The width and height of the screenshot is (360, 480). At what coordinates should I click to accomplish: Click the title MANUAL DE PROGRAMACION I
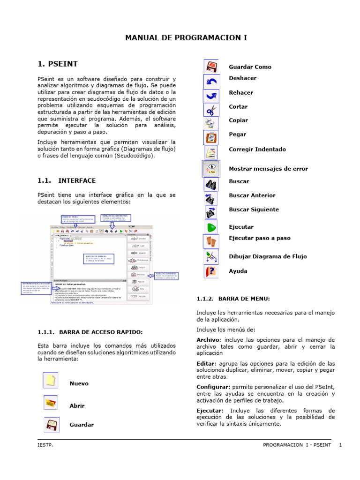coord(186,37)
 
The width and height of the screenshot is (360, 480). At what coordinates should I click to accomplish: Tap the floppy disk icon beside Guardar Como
coord(211,65)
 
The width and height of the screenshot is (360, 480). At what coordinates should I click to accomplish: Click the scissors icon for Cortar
coord(211,110)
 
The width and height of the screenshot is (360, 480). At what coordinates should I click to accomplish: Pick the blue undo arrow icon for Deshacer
coord(211,82)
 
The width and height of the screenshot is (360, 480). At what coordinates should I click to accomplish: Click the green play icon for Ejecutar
coord(211,227)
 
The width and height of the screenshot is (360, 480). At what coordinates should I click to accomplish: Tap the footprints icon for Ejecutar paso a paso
coord(211,241)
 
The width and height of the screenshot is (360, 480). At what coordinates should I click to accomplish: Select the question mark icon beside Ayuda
coord(211,271)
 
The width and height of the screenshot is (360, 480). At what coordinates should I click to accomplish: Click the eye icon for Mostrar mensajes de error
coord(211,168)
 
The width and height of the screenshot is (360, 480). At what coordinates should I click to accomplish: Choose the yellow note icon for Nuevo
coord(51,380)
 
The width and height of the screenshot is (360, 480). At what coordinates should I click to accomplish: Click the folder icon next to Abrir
coord(51,403)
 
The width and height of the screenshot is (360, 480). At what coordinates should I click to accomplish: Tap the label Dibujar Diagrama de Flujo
coord(268,256)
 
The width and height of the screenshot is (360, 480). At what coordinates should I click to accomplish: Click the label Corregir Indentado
coord(257,150)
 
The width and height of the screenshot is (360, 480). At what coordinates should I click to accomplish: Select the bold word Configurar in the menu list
coord(213,387)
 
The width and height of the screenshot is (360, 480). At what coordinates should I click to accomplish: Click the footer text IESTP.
coord(45,444)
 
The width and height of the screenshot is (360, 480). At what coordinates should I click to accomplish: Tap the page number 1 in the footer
coord(341,444)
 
